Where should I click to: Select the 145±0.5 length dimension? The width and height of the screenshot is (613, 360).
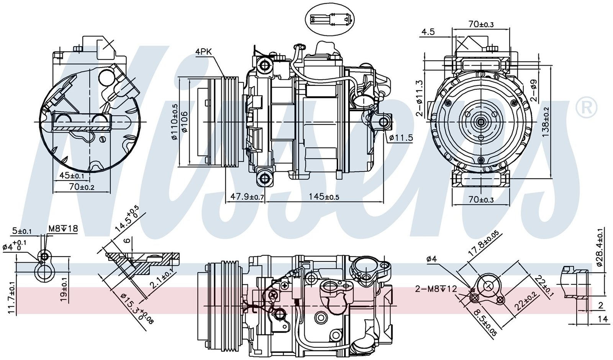pyautogui.click(x=324, y=197)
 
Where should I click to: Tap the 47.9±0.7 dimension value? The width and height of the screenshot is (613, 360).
pyautogui.click(x=247, y=197)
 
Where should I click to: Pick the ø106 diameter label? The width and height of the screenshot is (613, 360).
pyautogui.click(x=185, y=122)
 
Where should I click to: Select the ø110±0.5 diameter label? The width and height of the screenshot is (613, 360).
pyautogui.click(x=175, y=122)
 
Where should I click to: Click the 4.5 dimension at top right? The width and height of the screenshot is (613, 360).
pyautogui.click(x=428, y=32)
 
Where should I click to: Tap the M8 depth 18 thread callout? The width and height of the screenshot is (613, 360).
pyautogui.click(x=63, y=229)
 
